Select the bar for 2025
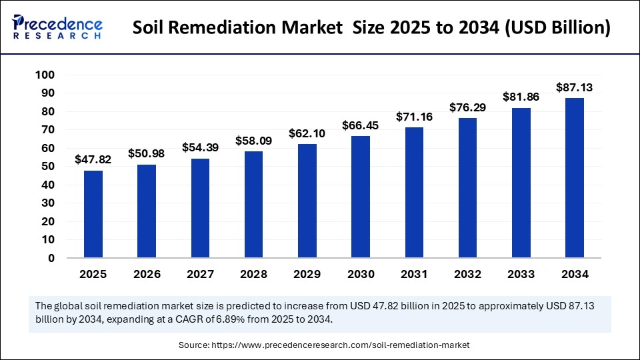[93, 214]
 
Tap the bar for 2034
[575, 177]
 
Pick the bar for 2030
[361, 197]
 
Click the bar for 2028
[254, 204]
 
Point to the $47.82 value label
[93, 160]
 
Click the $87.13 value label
[575, 87]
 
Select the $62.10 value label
[307, 133]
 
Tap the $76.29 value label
[468, 107]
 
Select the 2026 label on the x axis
[147, 274]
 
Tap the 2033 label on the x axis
[521, 274]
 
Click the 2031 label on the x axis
[414, 274]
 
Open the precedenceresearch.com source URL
[341, 345]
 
